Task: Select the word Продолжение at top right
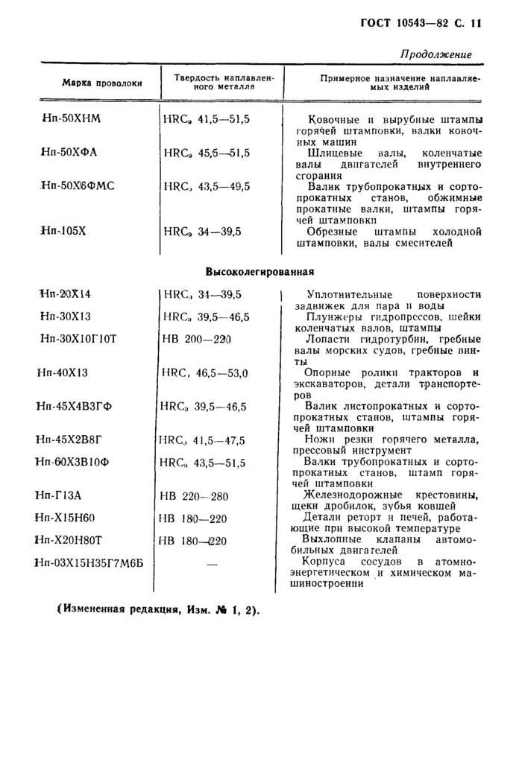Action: pyautogui.click(x=436, y=54)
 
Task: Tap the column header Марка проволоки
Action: pyautogui.click(x=101, y=82)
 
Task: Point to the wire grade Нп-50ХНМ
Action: pyautogui.click(x=75, y=118)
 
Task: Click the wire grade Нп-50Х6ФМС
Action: pyautogui.click(x=79, y=186)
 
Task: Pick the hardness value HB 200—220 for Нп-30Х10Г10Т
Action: pyautogui.click(x=197, y=339)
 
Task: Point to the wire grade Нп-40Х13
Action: pyautogui.click(x=63, y=372)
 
